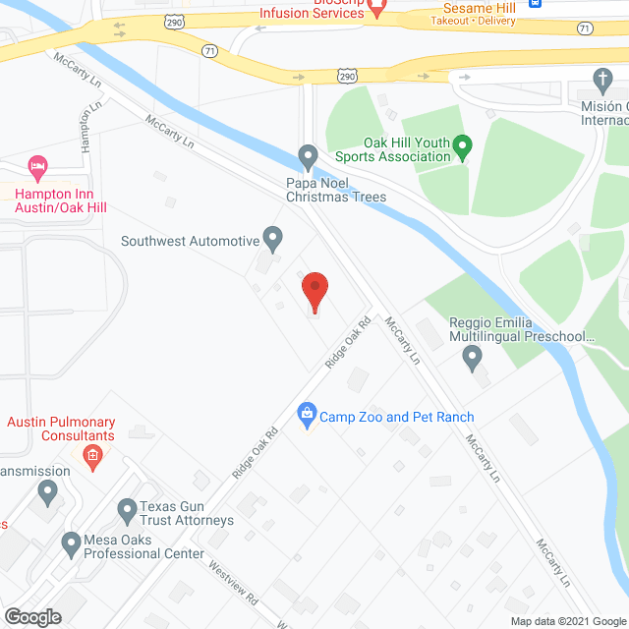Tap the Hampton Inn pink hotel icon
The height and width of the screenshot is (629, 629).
click(38, 165)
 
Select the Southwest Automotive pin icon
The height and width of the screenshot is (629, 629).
click(273, 238)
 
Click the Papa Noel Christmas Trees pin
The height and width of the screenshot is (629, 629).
click(308, 155)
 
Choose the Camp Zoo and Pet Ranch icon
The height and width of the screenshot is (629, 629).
click(307, 416)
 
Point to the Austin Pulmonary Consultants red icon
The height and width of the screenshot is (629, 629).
click(92, 455)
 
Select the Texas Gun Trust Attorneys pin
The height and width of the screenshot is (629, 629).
click(127, 510)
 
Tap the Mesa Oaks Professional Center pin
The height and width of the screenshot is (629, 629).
click(70, 542)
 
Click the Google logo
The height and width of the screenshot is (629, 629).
click(31, 617)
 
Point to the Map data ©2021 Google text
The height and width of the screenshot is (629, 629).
click(568, 620)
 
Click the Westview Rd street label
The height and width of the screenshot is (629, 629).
click(232, 581)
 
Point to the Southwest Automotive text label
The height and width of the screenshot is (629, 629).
click(189, 240)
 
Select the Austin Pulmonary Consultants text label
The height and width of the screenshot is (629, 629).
click(61, 429)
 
